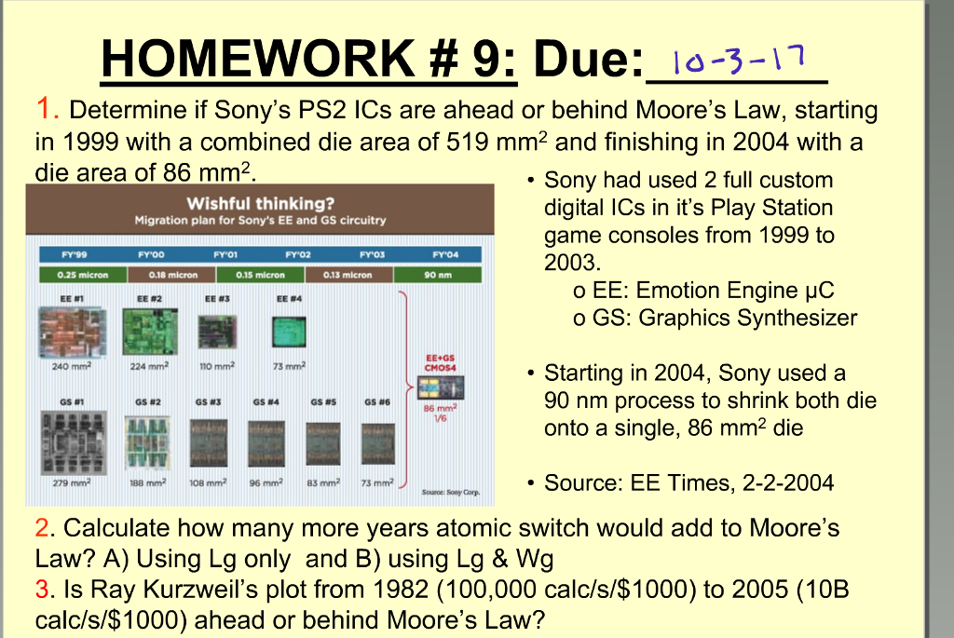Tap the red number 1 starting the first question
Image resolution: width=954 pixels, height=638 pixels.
(43, 110)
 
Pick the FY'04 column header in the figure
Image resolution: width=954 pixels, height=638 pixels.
(444, 253)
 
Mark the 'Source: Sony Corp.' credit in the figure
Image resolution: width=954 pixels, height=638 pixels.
(451, 492)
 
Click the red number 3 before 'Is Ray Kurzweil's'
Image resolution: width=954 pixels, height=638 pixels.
(42, 591)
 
